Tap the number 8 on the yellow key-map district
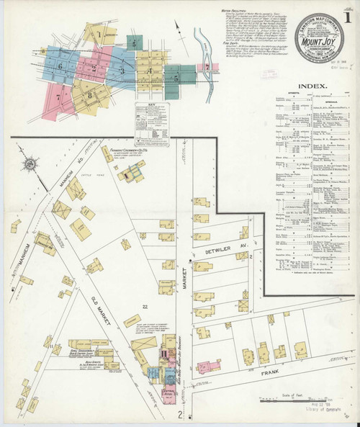click(x=90, y=94)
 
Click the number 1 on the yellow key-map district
click(x=98, y=34)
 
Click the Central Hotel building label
click(x=168, y=394)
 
